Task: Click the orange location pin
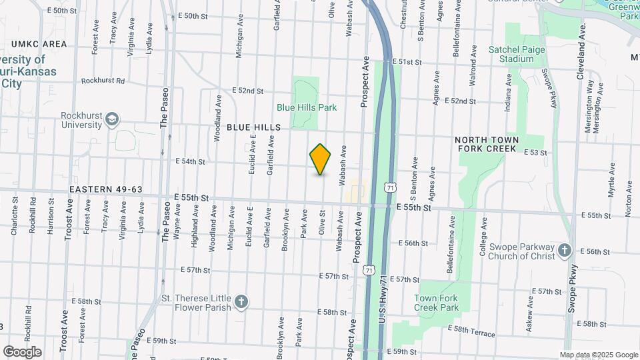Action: point(321,159)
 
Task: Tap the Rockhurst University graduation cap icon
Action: point(113,120)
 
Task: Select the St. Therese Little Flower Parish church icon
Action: point(241,302)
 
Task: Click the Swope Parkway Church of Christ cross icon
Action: point(565,251)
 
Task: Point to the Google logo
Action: point(22,351)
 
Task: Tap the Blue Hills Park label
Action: point(307,107)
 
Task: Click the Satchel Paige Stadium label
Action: point(517,54)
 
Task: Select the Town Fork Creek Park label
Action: point(436,303)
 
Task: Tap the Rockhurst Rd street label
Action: point(103,81)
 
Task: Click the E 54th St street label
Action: point(190,161)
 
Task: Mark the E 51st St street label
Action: point(407,61)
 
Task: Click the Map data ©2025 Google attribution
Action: point(598,355)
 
